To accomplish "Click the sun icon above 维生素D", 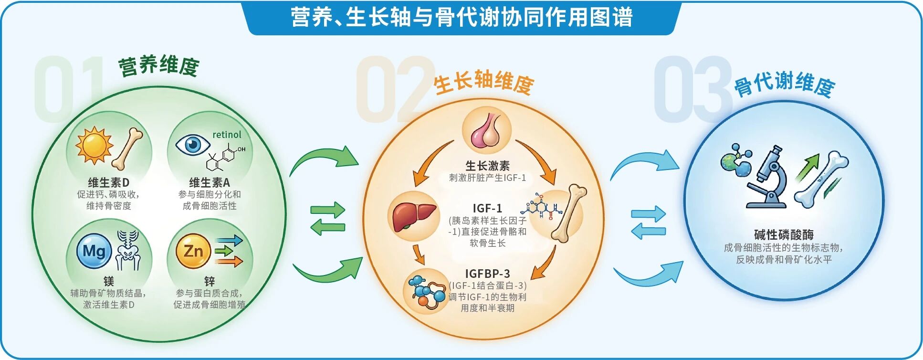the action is (94, 146).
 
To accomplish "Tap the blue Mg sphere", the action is (94, 251).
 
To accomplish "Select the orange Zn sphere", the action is (193, 251).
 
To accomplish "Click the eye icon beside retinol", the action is (192, 144).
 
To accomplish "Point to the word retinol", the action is (227, 135).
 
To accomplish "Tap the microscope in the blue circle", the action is (767, 178).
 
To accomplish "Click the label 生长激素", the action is (487, 166).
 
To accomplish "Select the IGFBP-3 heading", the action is (487, 274).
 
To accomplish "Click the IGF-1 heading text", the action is (487, 208).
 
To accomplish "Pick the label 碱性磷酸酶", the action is (784, 234).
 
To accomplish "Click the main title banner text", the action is (461, 17).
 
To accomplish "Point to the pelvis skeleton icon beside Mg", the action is (128, 250).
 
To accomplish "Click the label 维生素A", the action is (209, 182).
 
